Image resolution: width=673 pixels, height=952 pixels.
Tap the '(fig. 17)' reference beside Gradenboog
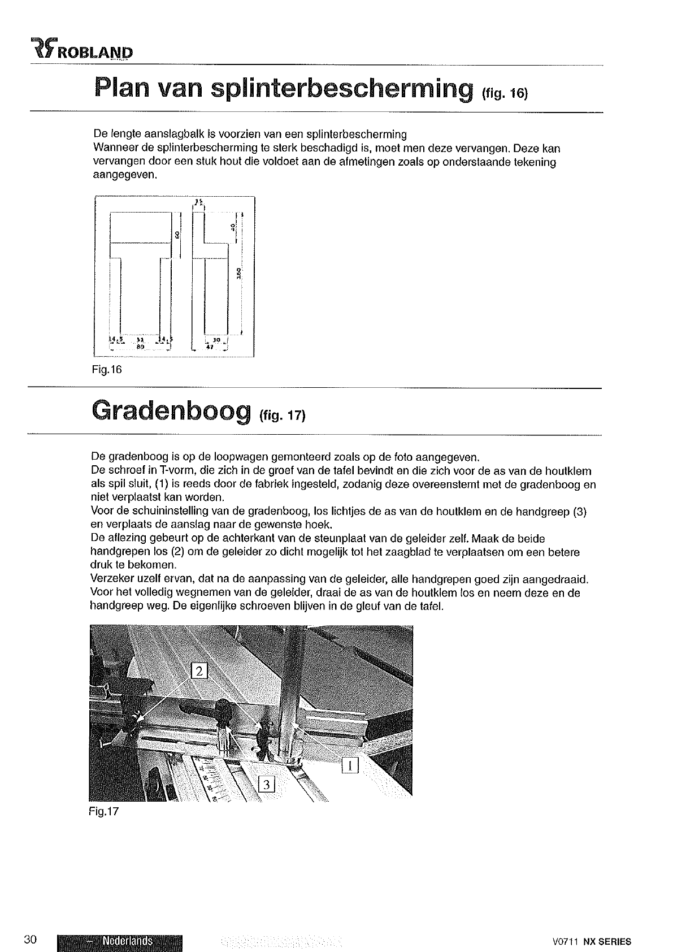pyautogui.click(x=283, y=417)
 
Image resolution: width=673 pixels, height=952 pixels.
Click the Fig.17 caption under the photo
pyautogui.click(x=105, y=812)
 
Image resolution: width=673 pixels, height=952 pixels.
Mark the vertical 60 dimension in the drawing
pyautogui.click(x=176, y=233)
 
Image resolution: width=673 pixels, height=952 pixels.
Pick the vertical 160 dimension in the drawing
pyautogui.click(x=238, y=273)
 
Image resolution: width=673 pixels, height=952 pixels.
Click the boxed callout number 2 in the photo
pyautogui.click(x=201, y=672)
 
